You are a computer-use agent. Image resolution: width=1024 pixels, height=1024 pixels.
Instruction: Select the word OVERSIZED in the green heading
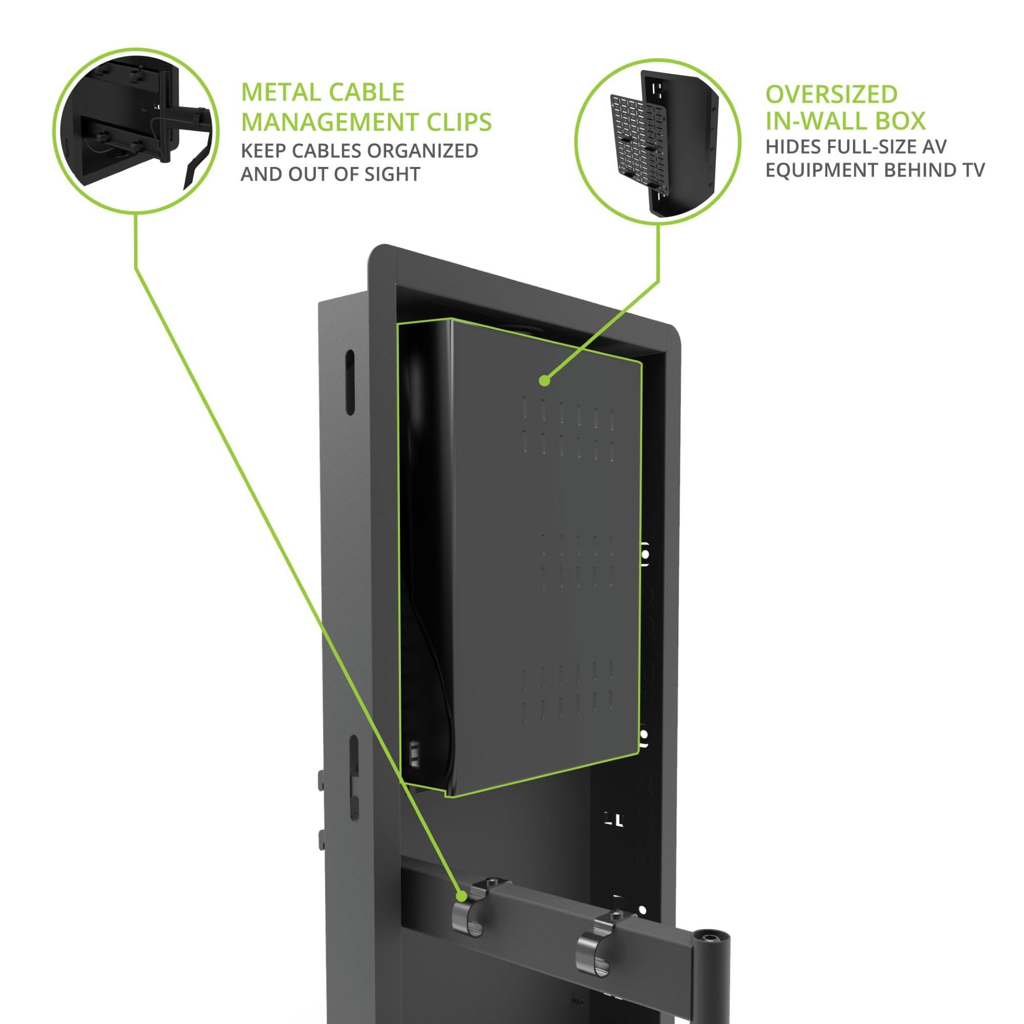coord(831,94)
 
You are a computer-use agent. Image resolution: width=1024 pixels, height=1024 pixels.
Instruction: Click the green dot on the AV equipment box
coord(543,380)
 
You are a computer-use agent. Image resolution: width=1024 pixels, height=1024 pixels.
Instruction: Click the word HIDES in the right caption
coord(792,147)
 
